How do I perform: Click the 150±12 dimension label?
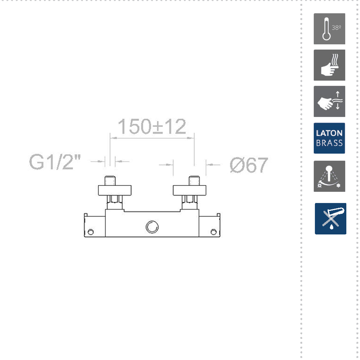tap(152, 126)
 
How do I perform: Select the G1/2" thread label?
tap(55, 162)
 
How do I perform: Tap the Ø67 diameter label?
tap(249, 165)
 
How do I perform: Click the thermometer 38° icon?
tap(329, 29)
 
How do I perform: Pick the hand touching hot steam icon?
tap(329, 65)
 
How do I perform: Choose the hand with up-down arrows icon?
tap(329, 102)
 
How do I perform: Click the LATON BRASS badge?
tap(329, 138)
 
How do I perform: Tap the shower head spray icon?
tap(329, 176)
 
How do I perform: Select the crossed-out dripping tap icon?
tap(330, 219)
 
